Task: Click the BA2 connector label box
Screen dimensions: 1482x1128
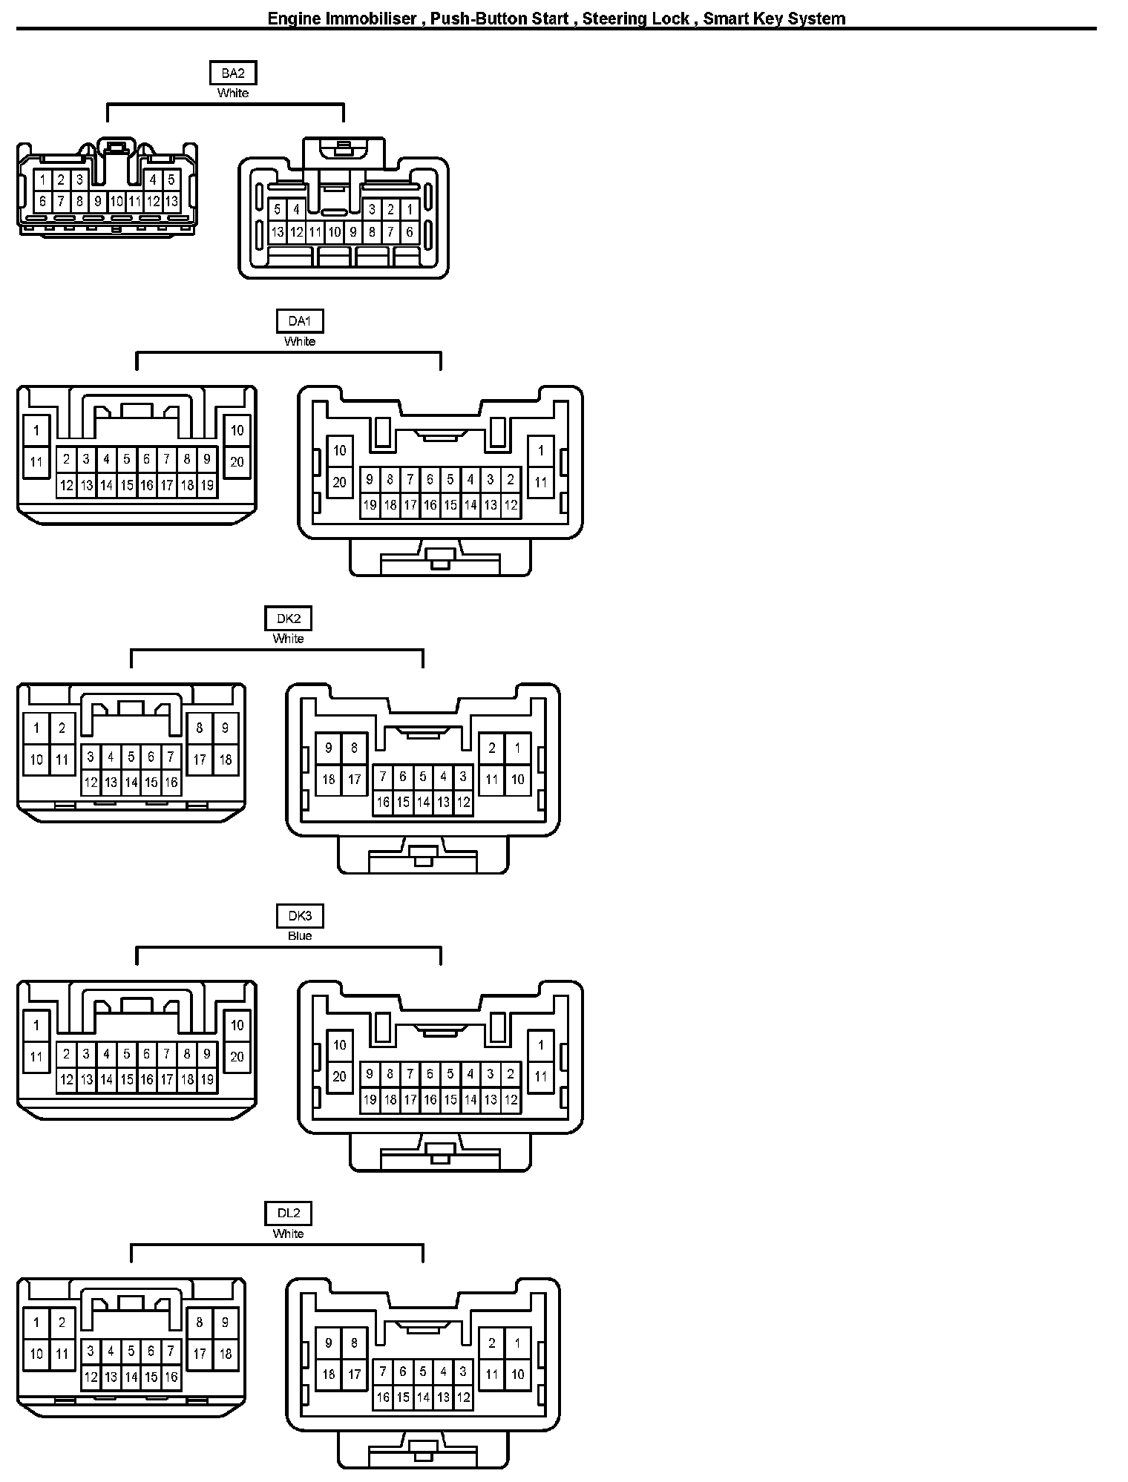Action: pyautogui.click(x=232, y=73)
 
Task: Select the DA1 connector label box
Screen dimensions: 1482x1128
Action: pyautogui.click(x=299, y=321)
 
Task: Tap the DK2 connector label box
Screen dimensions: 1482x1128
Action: pyautogui.click(x=288, y=618)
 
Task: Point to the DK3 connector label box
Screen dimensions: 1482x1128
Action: pyautogui.click(x=299, y=916)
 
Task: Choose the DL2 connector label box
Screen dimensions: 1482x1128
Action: pyautogui.click(x=288, y=1213)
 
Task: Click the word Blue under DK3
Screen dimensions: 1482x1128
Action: pyautogui.click(x=299, y=935)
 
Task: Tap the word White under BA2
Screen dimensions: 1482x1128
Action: pyautogui.click(x=232, y=93)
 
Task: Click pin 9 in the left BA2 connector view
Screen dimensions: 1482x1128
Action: pyautogui.click(x=97, y=201)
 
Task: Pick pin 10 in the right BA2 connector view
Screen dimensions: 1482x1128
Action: pyautogui.click(x=334, y=232)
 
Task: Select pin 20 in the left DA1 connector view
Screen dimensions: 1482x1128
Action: pyautogui.click(x=237, y=462)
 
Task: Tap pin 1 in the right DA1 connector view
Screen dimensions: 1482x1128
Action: pyautogui.click(x=541, y=450)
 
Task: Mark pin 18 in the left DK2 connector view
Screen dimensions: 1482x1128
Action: pyautogui.click(x=225, y=760)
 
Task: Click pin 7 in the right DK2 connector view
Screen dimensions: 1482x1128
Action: pyautogui.click(x=383, y=777)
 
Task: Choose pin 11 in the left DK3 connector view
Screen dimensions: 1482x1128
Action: pyautogui.click(x=36, y=1057)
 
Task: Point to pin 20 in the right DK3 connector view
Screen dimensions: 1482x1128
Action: pyautogui.click(x=339, y=1076)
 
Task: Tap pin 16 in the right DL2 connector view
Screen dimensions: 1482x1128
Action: pyautogui.click(x=383, y=1397)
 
